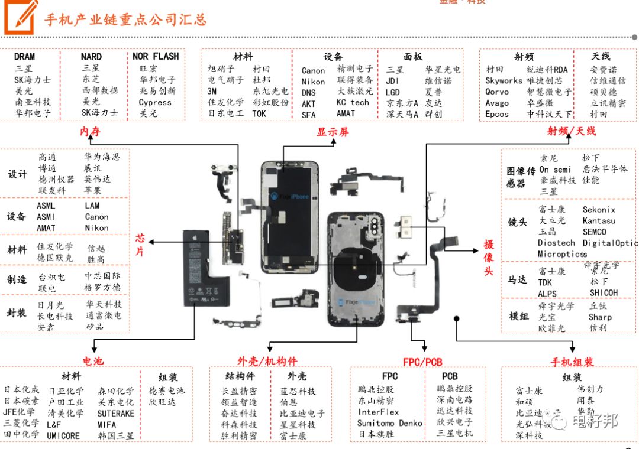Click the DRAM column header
(24, 57)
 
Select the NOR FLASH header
(156, 57)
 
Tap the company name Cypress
(155, 102)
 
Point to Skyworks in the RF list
(504, 80)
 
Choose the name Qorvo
(497, 92)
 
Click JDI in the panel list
(393, 81)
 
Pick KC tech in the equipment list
(353, 102)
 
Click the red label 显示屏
(333, 132)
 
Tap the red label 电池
(93, 360)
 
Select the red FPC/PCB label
(422, 362)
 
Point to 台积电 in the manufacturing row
(52, 276)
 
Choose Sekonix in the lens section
(599, 210)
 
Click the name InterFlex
(379, 412)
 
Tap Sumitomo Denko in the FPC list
(390, 423)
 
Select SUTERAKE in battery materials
(116, 413)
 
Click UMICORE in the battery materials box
(63, 435)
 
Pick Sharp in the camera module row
(600, 317)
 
